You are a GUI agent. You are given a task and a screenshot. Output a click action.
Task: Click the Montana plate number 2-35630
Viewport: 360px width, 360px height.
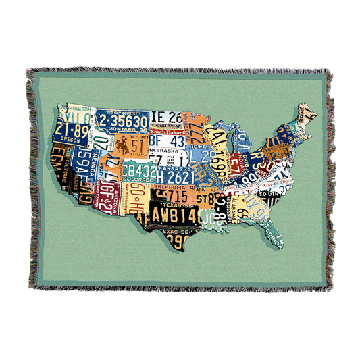click(x=124, y=121)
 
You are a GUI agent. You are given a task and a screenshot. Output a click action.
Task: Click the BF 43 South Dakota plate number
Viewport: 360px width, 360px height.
click(x=166, y=143)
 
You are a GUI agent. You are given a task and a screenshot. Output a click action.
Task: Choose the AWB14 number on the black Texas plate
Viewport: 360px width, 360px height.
click(x=168, y=215)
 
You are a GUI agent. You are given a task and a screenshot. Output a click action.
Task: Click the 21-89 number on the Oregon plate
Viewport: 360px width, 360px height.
click(x=72, y=130)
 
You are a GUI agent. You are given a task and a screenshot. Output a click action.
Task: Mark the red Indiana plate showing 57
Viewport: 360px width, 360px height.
click(x=235, y=164)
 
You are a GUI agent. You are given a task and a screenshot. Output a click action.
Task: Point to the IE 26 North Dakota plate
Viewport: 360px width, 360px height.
click(x=165, y=118)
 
